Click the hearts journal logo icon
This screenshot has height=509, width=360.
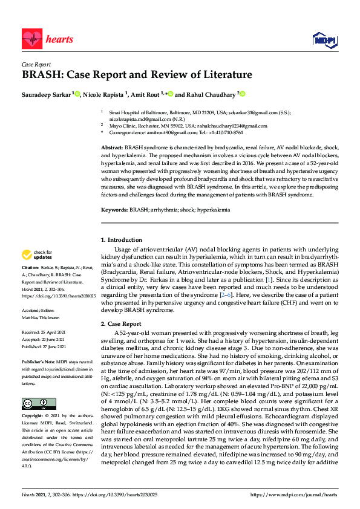pyautogui.click(x=31, y=39)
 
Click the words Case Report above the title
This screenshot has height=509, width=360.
pyautogui.click(x=36, y=64)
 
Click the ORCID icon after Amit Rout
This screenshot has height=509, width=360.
pyautogui.click(x=171, y=94)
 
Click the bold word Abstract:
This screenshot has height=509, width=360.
pyautogui.click(x=113, y=148)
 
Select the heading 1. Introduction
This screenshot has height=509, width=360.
pyautogui.click(x=122, y=241)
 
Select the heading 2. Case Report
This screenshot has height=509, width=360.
pyautogui.click(x=121, y=324)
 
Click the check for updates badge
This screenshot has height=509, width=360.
pyautogui.click(x=38, y=255)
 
